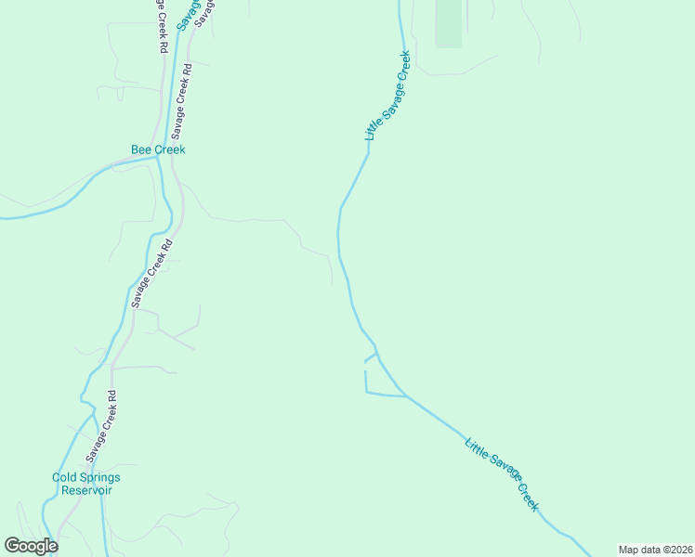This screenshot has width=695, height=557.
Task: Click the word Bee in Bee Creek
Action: tap(140, 149)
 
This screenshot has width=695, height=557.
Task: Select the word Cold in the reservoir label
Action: tap(65, 478)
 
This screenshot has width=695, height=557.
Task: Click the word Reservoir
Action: tap(82, 490)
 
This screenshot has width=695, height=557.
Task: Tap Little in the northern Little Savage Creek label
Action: tap(374, 129)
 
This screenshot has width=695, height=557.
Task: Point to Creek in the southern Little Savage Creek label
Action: tap(527, 494)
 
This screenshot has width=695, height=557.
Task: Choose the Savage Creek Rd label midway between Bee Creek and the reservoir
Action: tap(152, 274)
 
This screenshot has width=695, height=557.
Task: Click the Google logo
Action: tap(31, 546)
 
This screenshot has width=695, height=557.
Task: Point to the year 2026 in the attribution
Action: tap(680, 550)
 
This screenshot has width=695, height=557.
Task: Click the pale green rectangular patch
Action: tap(448, 23)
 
